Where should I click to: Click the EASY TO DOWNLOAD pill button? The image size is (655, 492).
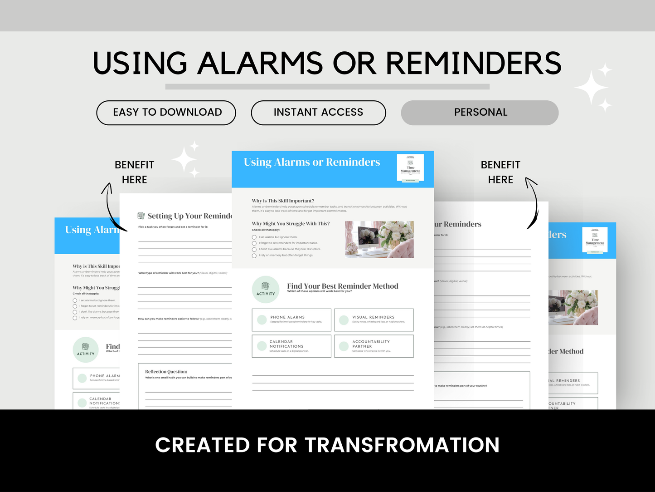[x=166, y=113]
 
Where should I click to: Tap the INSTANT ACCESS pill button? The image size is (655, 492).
[x=318, y=113]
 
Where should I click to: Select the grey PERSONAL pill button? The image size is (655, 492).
[x=480, y=113]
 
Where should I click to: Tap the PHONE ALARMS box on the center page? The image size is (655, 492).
[x=291, y=320]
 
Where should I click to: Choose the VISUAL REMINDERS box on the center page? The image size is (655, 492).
[x=374, y=320]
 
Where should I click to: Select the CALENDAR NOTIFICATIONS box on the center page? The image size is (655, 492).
[x=291, y=346]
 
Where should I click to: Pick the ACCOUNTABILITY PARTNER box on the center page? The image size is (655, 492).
[x=374, y=346]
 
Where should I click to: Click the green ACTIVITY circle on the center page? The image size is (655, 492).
[x=266, y=289]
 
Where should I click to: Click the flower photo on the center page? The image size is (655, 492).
[x=379, y=240]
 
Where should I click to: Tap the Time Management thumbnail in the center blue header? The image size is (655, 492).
[x=410, y=168]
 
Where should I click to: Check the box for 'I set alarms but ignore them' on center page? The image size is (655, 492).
[x=254, y=237]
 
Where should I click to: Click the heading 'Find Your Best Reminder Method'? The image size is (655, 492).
[x=342, y=286]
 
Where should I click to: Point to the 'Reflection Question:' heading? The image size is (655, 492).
[x=166, y=371]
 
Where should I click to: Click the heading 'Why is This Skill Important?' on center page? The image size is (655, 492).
[x=283, y=201]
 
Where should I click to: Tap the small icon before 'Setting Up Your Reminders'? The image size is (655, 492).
[x=141, y=216]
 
